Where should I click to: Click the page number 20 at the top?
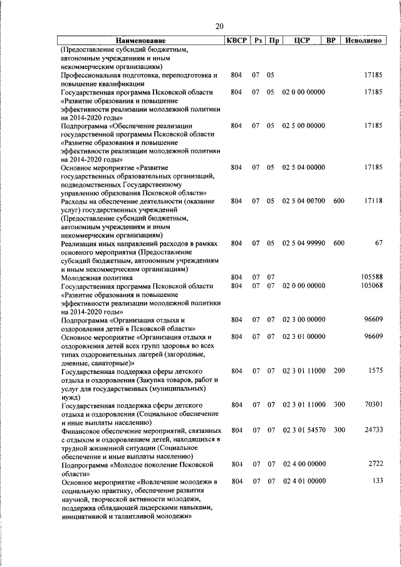[219, 26]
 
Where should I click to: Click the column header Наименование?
[141, 41]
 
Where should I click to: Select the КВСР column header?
[236, 41]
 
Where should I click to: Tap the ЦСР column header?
[303, 41]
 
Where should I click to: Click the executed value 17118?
[372, 201]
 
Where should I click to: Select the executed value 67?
[378, 242]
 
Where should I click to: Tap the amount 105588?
[370, 277]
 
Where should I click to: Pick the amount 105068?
[370, 286]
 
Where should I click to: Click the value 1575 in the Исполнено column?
[374, 371]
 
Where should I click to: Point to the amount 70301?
[372, 405]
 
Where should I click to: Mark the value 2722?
[374, 464]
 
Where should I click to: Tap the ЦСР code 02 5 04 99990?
[303, 242]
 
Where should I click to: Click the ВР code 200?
[339, 371]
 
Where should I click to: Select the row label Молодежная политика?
[96, 277]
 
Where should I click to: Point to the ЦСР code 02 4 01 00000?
[303, 481]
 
